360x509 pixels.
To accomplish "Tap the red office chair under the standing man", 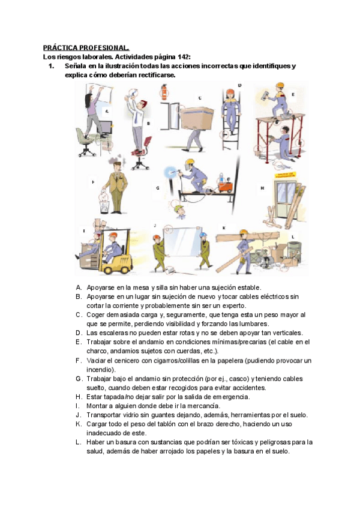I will tap(139, 157).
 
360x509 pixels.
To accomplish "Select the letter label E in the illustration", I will tap(293, 94).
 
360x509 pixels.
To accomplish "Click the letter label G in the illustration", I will tap(158, 188).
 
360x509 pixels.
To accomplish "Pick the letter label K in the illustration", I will tap(224, 228).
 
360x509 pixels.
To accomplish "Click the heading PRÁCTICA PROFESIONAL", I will tap(86, 47).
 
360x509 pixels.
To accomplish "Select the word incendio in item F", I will tap(100, 369).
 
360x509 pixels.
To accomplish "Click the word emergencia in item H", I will tap(232, 397).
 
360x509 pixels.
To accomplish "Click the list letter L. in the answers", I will tap(78, 442).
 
